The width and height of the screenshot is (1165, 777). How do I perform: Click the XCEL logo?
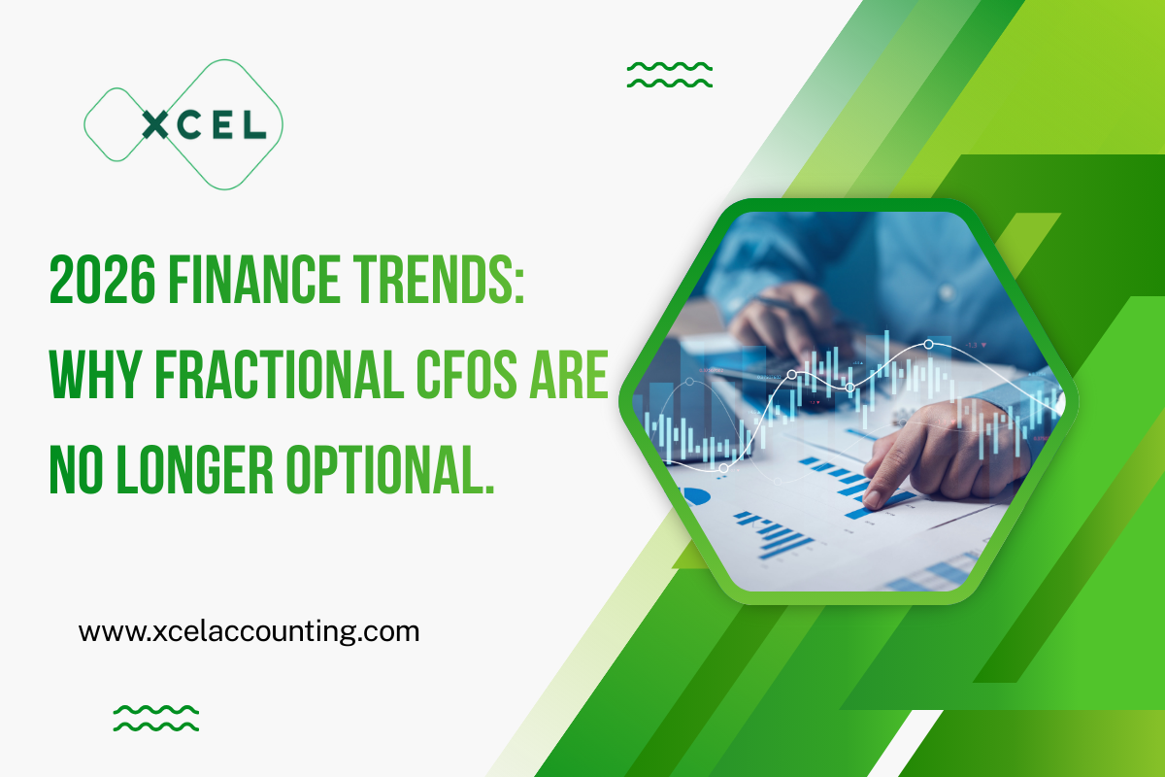pos(183,123)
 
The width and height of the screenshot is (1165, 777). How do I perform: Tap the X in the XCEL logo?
pos(155,124)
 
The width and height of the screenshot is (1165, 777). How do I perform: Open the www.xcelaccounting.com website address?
pos(249,632)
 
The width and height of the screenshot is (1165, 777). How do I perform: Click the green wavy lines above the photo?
pos(670,75)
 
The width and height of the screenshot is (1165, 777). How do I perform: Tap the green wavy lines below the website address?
pos(156,718)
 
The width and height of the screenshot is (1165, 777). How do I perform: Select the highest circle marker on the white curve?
pos(929,344)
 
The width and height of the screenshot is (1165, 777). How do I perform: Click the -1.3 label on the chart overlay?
pos(972,343)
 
